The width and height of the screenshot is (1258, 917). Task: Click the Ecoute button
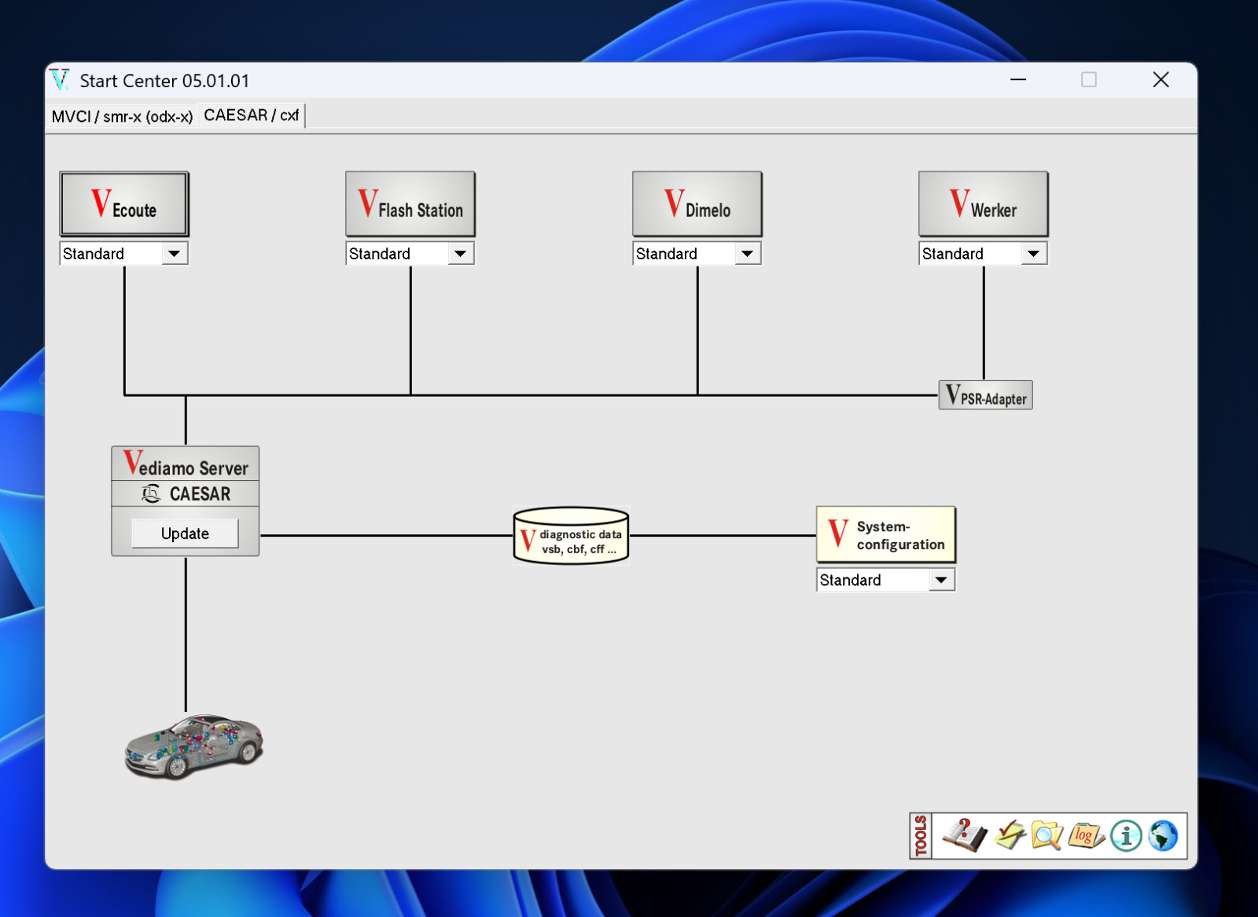[124, 204]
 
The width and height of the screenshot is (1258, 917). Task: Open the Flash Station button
[410, 204]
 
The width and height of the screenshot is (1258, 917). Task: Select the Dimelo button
[697, 204]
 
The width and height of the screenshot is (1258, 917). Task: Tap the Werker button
[984, 204]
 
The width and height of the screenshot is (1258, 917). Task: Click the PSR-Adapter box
[986, 395]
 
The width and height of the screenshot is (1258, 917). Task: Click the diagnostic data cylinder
[571, 535]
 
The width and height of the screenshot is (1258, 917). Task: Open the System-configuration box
[885, 535]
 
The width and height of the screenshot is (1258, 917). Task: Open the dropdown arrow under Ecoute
[174, 254]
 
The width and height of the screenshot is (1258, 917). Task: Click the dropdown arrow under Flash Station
[461, 254]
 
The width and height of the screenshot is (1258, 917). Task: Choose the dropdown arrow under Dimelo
[748, 254]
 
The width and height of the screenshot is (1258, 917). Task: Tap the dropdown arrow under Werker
[1033, 254]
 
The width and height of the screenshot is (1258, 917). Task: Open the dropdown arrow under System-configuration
[941, 580]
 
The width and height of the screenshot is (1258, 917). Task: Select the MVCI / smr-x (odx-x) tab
[122, 116]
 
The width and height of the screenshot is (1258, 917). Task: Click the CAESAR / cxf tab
[251, 115]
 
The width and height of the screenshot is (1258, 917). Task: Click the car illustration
[193, 746]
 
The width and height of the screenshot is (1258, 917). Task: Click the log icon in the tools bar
[1086, 835]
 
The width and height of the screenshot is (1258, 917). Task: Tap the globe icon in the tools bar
[1163, 835]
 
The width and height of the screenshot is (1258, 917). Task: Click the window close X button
[1161, 79]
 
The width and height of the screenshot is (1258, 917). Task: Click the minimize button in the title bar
[1018, 79]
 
